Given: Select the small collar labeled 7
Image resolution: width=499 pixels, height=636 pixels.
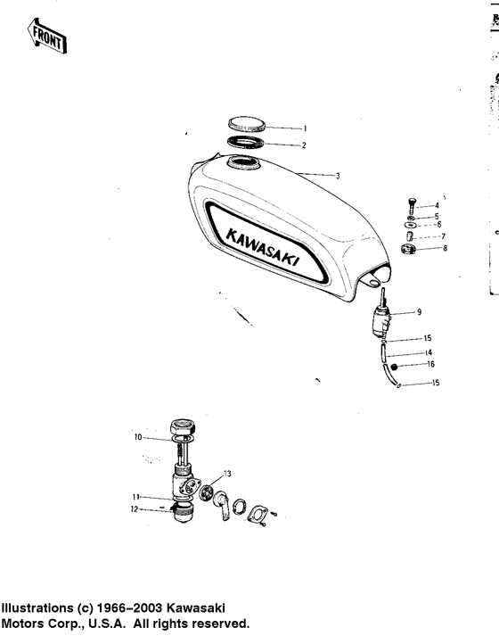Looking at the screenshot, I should pos(411,236).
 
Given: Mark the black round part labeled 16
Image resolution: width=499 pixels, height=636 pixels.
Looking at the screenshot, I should pos(393,366).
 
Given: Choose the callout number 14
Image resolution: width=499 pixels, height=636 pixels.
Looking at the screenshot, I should pos(429,354).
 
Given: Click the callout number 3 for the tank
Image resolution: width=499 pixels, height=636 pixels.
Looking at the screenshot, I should pos(339,176).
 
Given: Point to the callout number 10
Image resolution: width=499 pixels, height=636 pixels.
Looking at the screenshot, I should pos(138,437).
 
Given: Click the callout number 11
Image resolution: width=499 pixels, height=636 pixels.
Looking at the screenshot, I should pos(136,497).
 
